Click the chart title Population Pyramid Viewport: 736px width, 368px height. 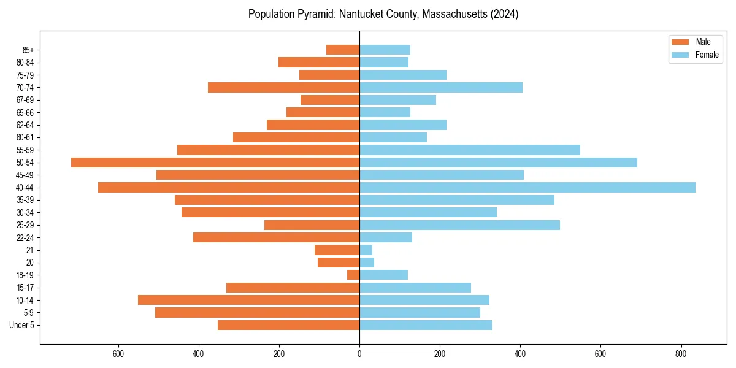tap(383, 14)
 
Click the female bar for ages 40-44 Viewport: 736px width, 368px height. tap(527, 188)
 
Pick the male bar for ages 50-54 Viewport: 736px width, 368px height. tap(215, 163)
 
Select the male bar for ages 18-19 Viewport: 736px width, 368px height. tap(353, 275)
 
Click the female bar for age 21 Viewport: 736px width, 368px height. tap(366, 250)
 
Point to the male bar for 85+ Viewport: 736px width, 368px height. tap(343, 50)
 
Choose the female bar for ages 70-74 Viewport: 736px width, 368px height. tap(441, 88)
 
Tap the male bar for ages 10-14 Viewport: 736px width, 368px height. tap(248, 300)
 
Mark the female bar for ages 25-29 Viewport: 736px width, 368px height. tap(459, 225)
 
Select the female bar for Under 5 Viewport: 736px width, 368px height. tap(426, 325)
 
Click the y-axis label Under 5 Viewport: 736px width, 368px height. tap(21, 325)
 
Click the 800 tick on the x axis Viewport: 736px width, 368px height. tap(680, 354)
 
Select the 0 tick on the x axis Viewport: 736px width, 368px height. tap(359, 354)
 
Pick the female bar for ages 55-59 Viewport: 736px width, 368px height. tap(470, 150)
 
